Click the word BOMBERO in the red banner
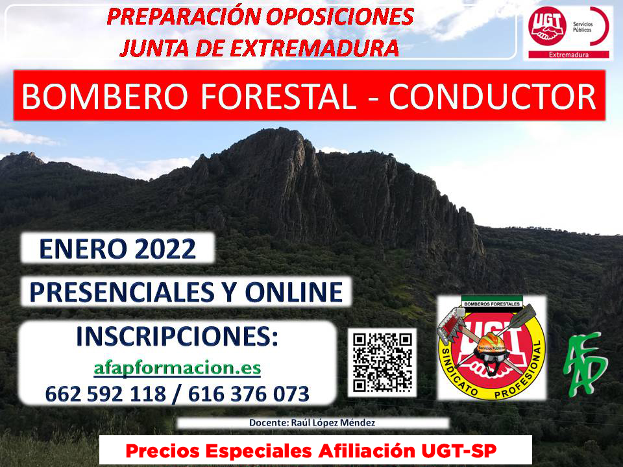[x=105, y=97]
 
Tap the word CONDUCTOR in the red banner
[x=493, y=97]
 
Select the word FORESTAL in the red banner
[x=278, y=97]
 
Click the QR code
[x=382, y=362]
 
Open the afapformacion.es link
[x=177, y=368]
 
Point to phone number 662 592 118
[x=105, y=394]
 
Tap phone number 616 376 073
[x=249, y=394]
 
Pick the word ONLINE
[x=293, y=292]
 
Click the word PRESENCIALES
[x=122, y=292]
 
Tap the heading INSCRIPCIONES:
[x=177, y=337]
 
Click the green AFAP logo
[x=585, y=364]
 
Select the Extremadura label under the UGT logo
[x=568, y=54]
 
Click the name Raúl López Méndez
[x=333, y=422]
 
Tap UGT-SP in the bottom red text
[x=459, y=451]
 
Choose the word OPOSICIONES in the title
[x=339, y=17]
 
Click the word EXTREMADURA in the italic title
[x=314, y=47]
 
